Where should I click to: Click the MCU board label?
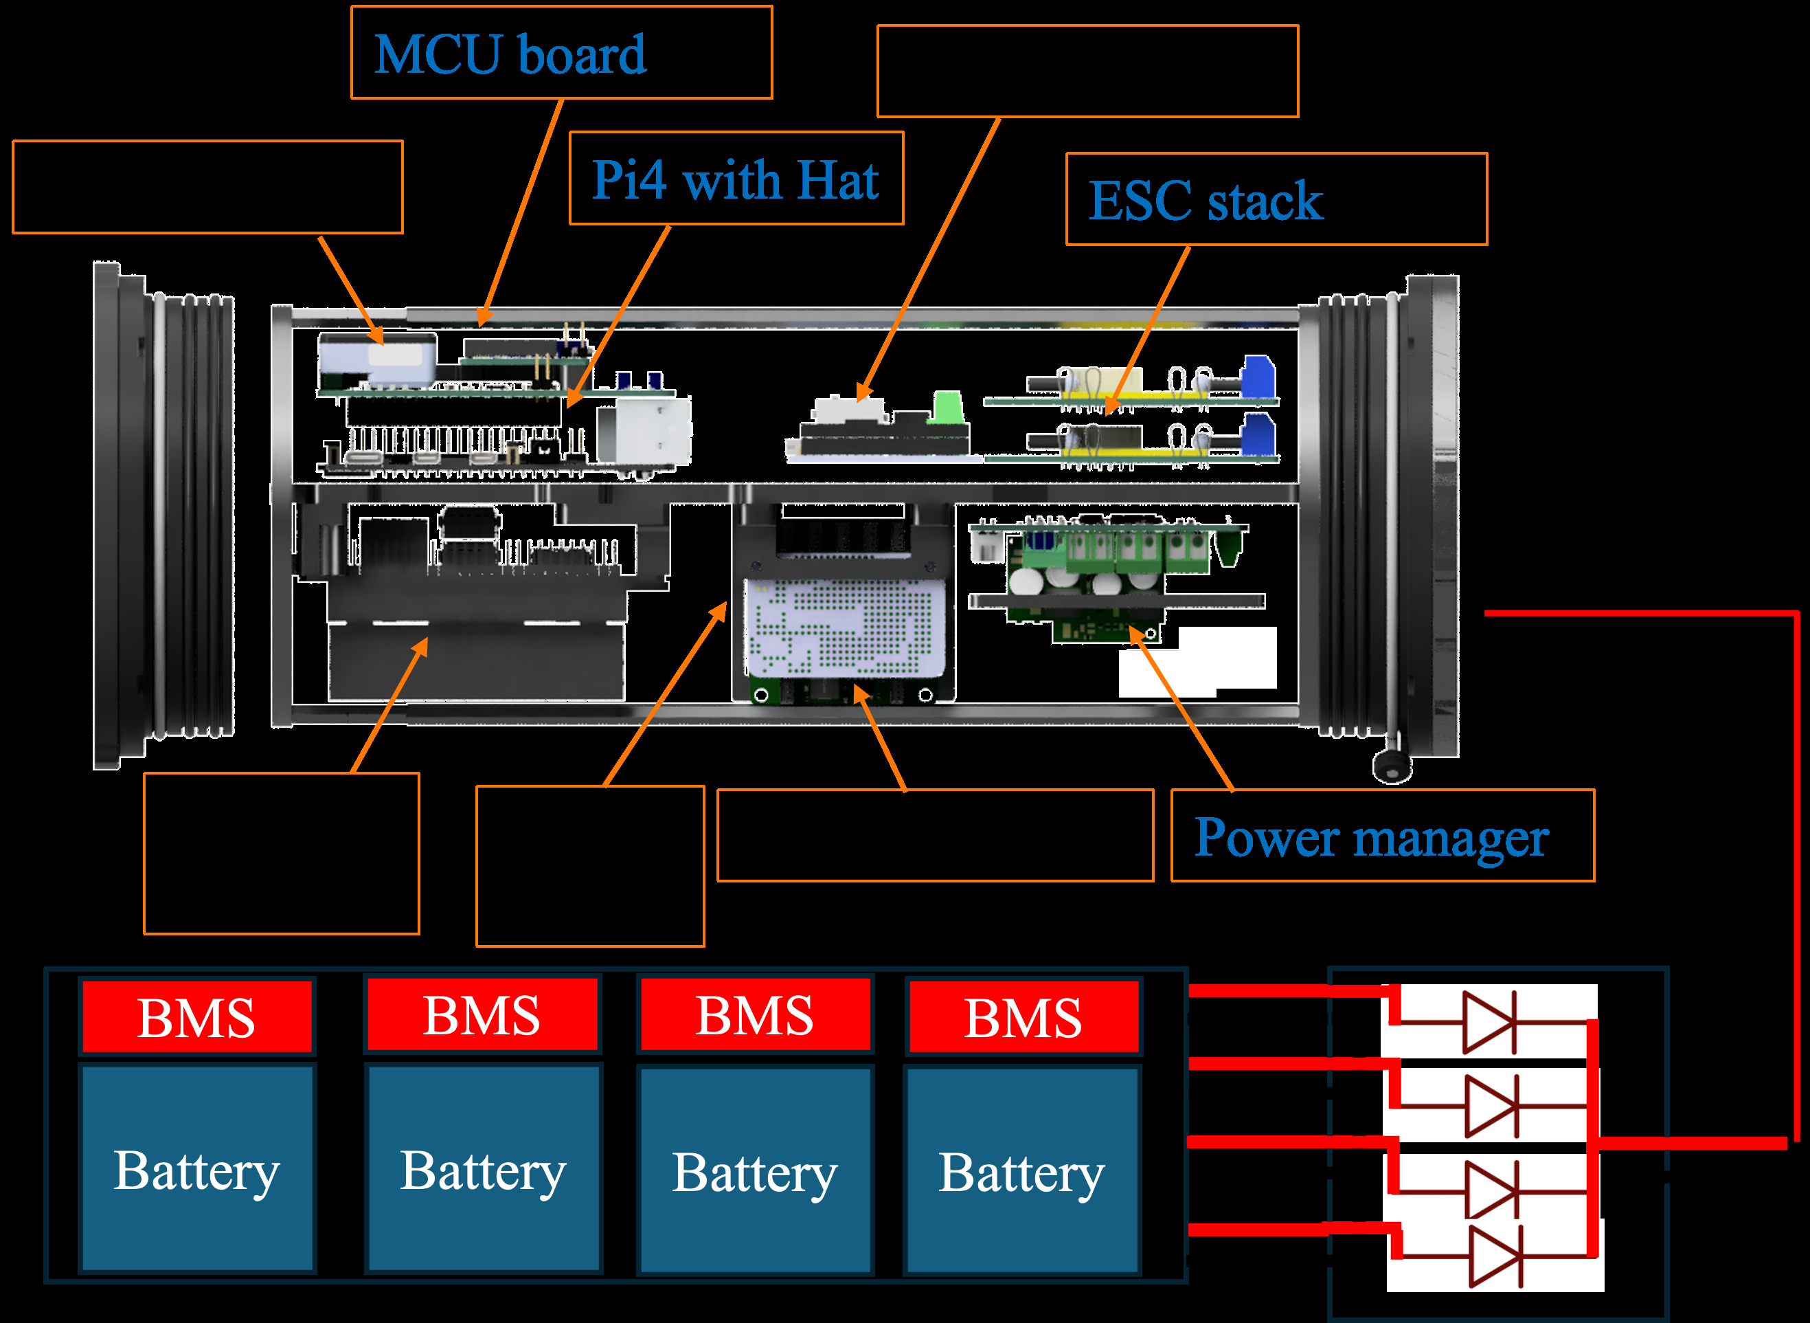tap(510, 54)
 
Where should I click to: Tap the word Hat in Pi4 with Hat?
tap(838, 179)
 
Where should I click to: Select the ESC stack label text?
tap(1206, 200)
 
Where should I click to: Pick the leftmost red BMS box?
tap(196, 1016)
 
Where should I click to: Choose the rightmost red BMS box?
tap(1023, 1016)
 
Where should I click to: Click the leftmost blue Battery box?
tap(197, 1168)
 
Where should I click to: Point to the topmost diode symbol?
tap(1489, 1023)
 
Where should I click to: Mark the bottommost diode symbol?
tap(1495, 1256)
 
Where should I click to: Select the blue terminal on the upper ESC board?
tap(1258, 377)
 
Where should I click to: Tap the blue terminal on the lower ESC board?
tap(1258, 435)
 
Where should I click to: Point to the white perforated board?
tap(846, 629)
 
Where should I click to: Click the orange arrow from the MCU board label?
tap(521, 213)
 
